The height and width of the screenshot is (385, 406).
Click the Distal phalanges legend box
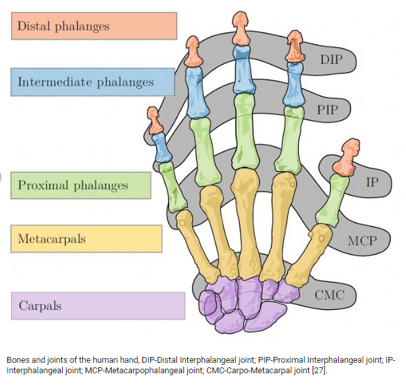(x=94, y=27)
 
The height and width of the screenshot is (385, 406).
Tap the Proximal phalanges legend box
(x=80, y=185)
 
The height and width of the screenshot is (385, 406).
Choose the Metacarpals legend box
(x=86, y=239)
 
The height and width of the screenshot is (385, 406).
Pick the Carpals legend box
(x=97, y=305)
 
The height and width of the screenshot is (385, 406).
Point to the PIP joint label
(x=328, y=109)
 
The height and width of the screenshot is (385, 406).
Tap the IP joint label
(x=371, y=181)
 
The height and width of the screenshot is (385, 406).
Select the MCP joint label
(x=362, y=241)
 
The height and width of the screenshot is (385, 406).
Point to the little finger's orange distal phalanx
(x=154, y=120)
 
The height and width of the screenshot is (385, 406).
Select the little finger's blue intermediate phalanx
(x=160, y=147)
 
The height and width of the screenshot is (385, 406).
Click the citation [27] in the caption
(x=319, y=371)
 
